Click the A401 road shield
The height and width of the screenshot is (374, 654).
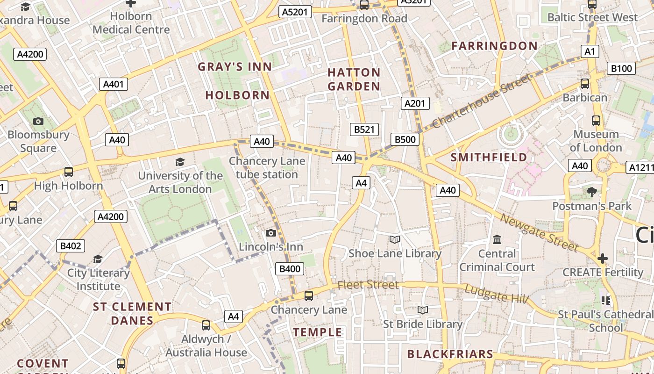pos(114,84)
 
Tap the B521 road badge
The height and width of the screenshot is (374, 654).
pos(364,129)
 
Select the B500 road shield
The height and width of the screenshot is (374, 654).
pos(405,139)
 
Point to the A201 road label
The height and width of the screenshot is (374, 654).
pos(415,103)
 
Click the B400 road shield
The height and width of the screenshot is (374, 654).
pos(290,269)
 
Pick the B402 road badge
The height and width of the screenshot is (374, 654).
pos(71,246)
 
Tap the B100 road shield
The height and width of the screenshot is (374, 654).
pos(621,69)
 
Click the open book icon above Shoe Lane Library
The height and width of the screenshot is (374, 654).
pos(395,240)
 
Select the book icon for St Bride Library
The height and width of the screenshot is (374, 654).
pos(423,310)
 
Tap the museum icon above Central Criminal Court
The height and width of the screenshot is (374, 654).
pos(497,240)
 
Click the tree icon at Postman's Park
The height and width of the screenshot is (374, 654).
pos(592,192)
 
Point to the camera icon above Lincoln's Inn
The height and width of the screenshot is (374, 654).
pos(270,233)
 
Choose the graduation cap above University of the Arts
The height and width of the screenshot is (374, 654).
pos(180,162)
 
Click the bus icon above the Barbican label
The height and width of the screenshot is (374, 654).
pos(584,84)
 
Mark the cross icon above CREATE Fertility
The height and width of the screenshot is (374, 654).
pos(603,258)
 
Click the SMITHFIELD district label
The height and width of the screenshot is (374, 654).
pos(489,158)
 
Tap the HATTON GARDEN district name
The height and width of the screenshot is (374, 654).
pos(354,79)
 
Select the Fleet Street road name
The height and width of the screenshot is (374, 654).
pos(368,285)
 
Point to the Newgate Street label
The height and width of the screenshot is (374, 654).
pos(540,232)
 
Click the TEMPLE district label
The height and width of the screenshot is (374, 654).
pos(318,332)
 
